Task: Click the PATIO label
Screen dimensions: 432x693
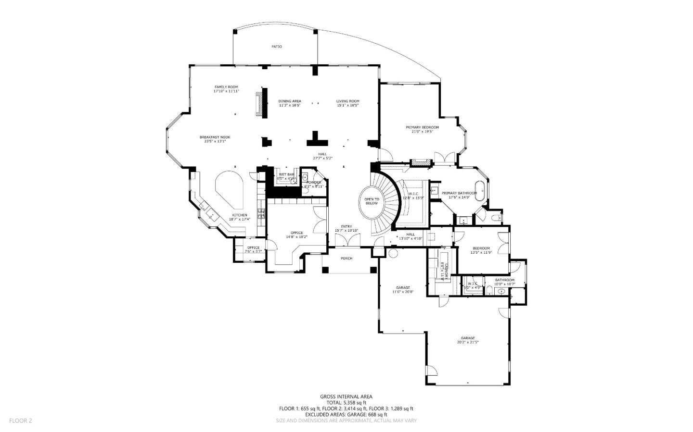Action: (x=276, y=47)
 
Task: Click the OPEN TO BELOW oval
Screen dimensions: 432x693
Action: (x=372, y=201)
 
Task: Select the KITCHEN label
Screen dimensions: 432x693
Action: (x=240, y=215)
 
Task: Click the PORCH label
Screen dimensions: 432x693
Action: (x=346, y=259)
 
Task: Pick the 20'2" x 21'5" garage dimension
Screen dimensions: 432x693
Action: (x=468, y=342)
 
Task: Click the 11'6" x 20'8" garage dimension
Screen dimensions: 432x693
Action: (x=403, y=292)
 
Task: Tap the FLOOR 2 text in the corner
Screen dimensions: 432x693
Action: (x=20, y=420)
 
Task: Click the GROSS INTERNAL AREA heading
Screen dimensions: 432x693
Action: (x=346, y=396)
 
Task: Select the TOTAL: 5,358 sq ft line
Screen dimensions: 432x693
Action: (x=346, y=403)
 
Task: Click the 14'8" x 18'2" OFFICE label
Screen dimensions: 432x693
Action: (x=296, y=235)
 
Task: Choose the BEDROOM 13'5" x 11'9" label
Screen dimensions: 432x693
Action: (x=481, y=250)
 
